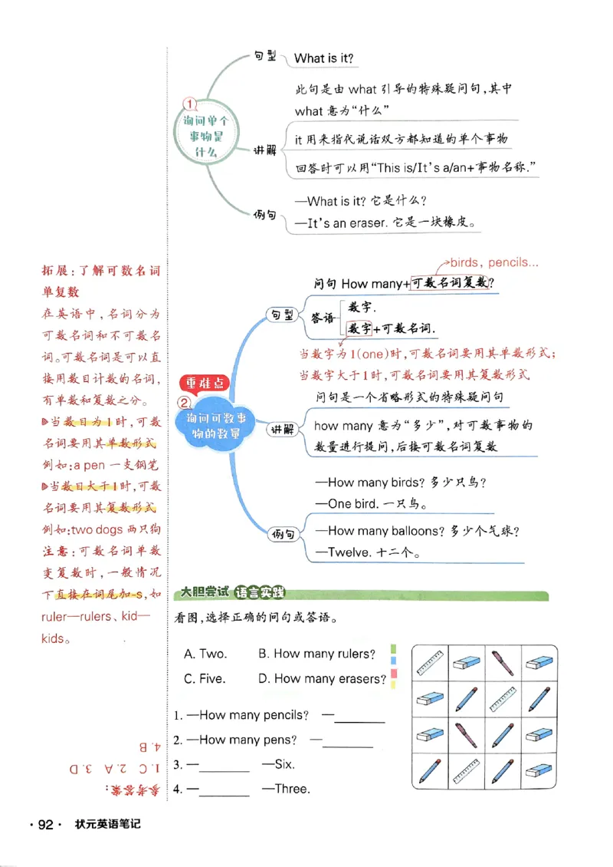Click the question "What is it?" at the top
tap(324, 58)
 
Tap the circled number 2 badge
tap(185, 402)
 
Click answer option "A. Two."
tap(205, 654)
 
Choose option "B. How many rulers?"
tap(316, 654)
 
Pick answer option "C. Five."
tap(205, 678)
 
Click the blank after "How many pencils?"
tap(359, 719)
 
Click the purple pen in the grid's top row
tap(503, 661)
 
